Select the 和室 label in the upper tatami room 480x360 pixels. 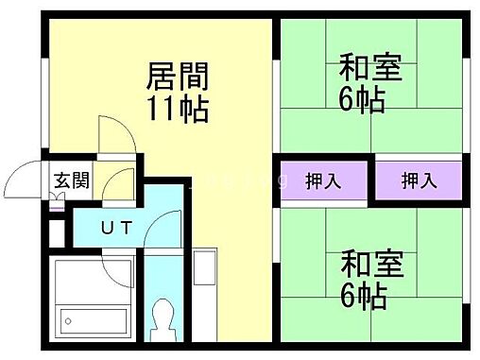[370, 69]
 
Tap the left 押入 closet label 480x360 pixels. [323, 179]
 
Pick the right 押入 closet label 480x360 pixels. [419, 179]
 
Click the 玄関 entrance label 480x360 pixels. [70, 180]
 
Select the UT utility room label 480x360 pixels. [116, 227]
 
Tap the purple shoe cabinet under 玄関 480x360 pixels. [60, 199]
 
